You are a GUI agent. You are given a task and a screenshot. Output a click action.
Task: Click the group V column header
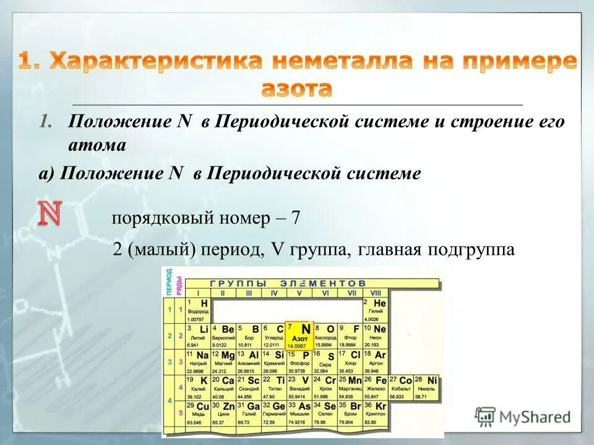pyautogui.click(x=299, y=292)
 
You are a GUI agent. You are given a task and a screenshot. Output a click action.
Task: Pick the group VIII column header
pyautogui.click(x=376, y=292)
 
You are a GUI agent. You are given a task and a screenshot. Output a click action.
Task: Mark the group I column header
pyautogui.click(x=198, y=292)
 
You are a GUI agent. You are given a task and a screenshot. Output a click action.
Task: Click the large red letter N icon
pyautogui.click(x=51, y=212)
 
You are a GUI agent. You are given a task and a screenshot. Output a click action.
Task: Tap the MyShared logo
pyautogui.click(x=523, y=417)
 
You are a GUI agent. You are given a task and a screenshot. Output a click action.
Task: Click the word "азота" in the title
pyautogui.click(x=296, y=88)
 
